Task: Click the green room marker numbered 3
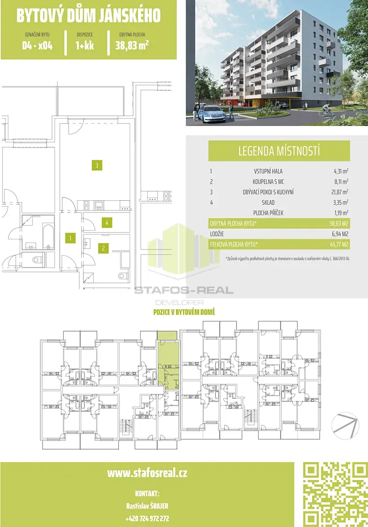tap(97, 166)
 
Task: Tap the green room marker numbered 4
tap(107, 223)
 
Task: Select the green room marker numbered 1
tap(70, 238)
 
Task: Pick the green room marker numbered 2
tap(103, 248)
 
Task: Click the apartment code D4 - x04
tap(37, 46)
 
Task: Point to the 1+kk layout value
tap(85, 46)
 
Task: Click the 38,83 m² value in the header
tap(132, 45)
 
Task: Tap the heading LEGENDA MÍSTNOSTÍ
tap(279, 151)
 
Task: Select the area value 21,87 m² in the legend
tap(340, 192)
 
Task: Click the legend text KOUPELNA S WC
tap(268, 182)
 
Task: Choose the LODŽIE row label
tap(217, 234)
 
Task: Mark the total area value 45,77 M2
tap(339, 245)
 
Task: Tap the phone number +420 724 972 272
tap(147, 518)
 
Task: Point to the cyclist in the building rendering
tap(326, 111)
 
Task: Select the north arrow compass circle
tap(345, 426)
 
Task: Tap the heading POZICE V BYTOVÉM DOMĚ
tap(184, 312)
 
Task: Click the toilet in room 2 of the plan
tap(123, 275)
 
